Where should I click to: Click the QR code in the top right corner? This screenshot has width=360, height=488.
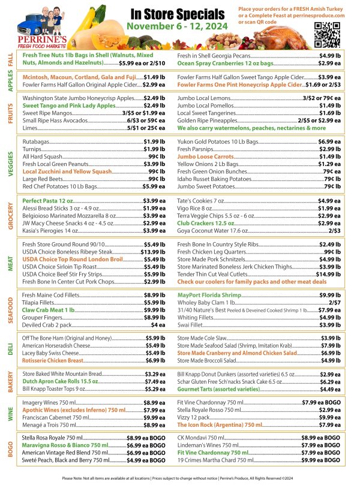pyautogui.click(x=327, y=34)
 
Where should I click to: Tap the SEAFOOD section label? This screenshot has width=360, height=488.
pyautogui.click(x=10, y=308)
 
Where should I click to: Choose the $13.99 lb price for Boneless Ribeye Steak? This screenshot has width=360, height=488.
pyautogui.click(x=153, y=252)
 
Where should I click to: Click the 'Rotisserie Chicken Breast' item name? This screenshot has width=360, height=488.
pyautogui.click(x=53, y=361)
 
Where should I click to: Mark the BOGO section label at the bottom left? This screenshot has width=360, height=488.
pyautogui.click(x=10, y=449)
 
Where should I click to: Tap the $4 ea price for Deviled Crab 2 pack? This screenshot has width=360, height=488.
pyautogui.click(x=158, y=324)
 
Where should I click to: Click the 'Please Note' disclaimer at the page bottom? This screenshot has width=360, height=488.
pyautogui.click(x=180, y=478)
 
